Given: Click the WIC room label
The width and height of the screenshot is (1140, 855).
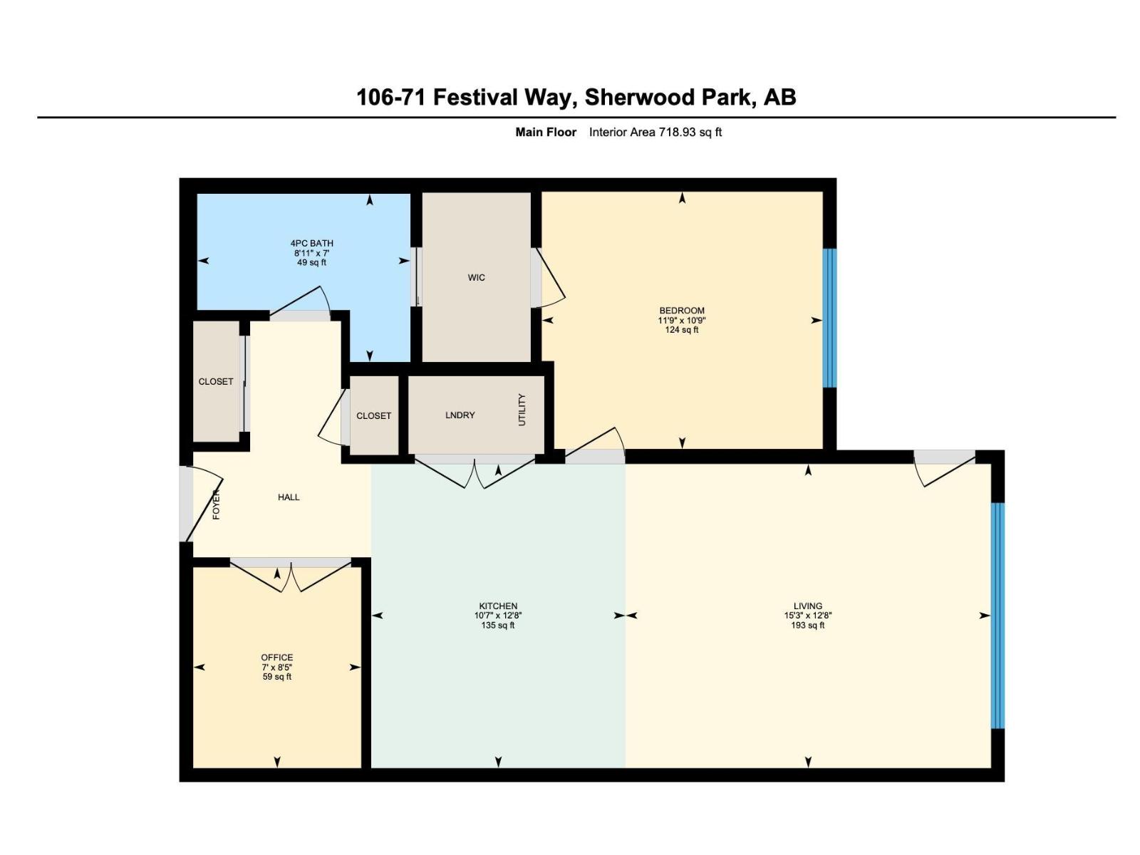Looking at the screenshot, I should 476,277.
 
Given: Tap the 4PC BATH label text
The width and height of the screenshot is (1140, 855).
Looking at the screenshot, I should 311,252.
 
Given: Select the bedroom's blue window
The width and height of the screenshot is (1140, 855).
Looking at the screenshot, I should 829,318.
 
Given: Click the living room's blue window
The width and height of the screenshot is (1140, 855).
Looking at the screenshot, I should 998,616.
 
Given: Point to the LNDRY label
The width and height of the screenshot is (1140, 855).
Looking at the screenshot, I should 460,415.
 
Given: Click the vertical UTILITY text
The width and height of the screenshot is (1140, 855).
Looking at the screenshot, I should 522,410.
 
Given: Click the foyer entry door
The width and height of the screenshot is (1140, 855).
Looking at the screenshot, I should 201,502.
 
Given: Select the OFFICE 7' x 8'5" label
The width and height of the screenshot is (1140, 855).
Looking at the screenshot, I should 276,667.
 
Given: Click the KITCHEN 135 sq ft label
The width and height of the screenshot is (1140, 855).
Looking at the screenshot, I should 497,616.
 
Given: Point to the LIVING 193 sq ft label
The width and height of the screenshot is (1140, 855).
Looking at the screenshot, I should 807,616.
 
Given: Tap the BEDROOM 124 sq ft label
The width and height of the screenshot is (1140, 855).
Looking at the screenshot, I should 681,320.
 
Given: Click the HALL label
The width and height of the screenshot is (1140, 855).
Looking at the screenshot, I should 289,497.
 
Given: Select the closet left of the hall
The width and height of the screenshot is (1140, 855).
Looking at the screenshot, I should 216,381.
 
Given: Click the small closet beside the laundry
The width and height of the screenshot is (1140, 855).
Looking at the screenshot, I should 373,415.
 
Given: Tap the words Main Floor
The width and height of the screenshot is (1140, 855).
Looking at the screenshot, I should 546,132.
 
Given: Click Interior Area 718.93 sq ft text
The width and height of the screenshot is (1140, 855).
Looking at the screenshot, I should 655,132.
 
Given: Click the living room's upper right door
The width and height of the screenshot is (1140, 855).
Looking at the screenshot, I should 944,467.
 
